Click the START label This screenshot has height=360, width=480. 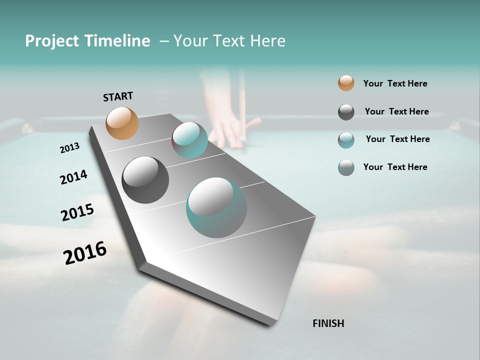[x=118, y=96]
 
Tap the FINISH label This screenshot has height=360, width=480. [x=328, y=323]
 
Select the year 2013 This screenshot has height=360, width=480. [x=69, y=148]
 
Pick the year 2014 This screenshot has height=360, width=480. [x=73, y=177]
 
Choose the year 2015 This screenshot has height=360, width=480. [x=77, y=212]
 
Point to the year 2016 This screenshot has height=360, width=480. [x=85, y=252]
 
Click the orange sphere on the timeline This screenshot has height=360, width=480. [x=122, y=123]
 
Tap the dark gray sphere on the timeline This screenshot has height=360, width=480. [x=145, y=180]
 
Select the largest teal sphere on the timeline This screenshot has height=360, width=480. [x=216, y=207]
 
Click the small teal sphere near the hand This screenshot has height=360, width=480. [x=189, y=140]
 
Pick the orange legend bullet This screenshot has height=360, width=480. [x=346, y=83]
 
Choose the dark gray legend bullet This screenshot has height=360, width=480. [x=346, y=112]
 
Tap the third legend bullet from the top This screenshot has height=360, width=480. [x=346, y=140]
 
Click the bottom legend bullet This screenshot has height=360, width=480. [x=346, y=167]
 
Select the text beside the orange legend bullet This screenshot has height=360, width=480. [x=395, y=83]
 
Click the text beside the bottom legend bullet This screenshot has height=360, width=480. [x=395, y=167]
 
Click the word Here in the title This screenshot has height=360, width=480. [x=267, y=41]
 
